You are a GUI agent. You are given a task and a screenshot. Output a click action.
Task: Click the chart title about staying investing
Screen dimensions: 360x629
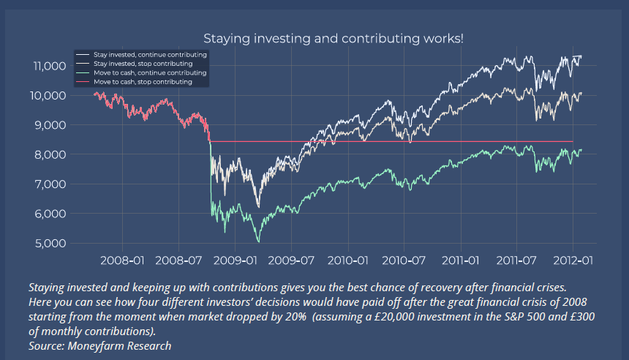pos(333,38)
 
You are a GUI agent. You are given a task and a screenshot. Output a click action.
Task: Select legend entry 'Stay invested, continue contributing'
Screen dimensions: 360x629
pos(150,55)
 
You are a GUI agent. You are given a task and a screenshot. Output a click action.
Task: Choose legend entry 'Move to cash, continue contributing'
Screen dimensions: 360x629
pos(150,73)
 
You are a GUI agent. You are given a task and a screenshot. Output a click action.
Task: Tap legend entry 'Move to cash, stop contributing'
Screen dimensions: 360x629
pos(143,82)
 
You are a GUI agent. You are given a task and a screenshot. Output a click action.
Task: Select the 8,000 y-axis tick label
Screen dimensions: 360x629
pos(51,154)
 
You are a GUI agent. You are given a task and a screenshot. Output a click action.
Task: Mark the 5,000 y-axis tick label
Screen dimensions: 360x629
pos(51,243)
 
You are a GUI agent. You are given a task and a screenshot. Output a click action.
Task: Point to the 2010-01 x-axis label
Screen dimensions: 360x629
pos(347,260)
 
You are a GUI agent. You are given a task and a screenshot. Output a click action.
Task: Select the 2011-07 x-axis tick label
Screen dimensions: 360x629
pos(516,260)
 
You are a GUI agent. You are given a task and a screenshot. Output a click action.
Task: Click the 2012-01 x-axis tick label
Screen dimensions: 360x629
pos(572,260)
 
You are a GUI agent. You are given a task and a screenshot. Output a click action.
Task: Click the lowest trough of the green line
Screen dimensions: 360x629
pos(257,241)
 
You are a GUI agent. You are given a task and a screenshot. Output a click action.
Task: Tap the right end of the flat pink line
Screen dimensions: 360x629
pos(572,141)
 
